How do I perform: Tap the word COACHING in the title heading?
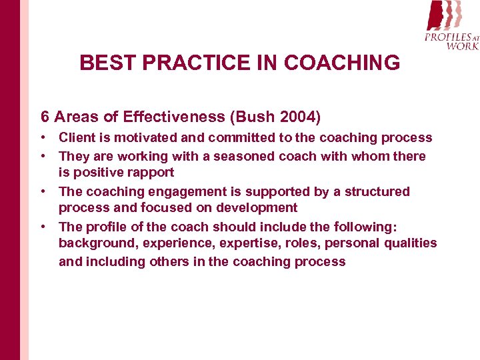click(342, 63)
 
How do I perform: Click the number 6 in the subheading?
click(45, 117)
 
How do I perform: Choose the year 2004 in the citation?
click(298, 117)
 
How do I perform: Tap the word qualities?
click(410, 243)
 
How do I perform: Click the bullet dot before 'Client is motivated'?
click(42, 138)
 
